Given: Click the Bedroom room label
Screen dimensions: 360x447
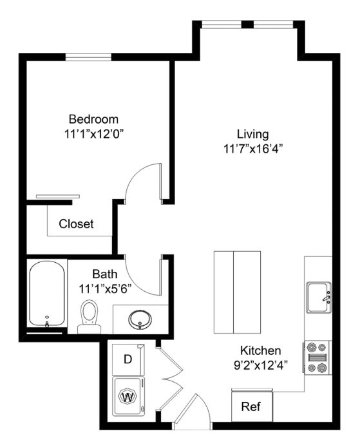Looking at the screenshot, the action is tap(93, 119).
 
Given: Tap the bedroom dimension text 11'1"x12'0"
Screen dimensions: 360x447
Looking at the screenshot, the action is tap(95, 134).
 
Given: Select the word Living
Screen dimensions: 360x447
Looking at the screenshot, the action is tap(253, 134).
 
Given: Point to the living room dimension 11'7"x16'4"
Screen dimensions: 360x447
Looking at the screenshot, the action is tap(253, 149).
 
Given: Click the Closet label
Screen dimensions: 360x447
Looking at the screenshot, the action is tap(76, 223).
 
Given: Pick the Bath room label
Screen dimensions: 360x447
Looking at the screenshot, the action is tap(104, 274).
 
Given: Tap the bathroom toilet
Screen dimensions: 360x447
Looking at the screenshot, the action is tap(90, 316).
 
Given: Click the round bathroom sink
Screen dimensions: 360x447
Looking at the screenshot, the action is tap(140, 319).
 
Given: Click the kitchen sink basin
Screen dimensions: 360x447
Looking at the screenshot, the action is tap(319, 297).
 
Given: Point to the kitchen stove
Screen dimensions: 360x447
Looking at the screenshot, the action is tap(317, 357).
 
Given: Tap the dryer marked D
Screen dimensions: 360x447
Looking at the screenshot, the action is tap(128, 359).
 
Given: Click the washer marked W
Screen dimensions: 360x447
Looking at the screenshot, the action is tap(128, 396).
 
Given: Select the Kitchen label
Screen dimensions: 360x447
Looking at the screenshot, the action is tap(261, 350).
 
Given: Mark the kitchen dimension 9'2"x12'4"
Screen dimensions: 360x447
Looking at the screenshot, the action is tap(261, 365).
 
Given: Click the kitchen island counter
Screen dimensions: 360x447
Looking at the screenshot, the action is tap(237, 292).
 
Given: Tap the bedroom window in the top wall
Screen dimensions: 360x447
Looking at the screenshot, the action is tap(88, 57).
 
